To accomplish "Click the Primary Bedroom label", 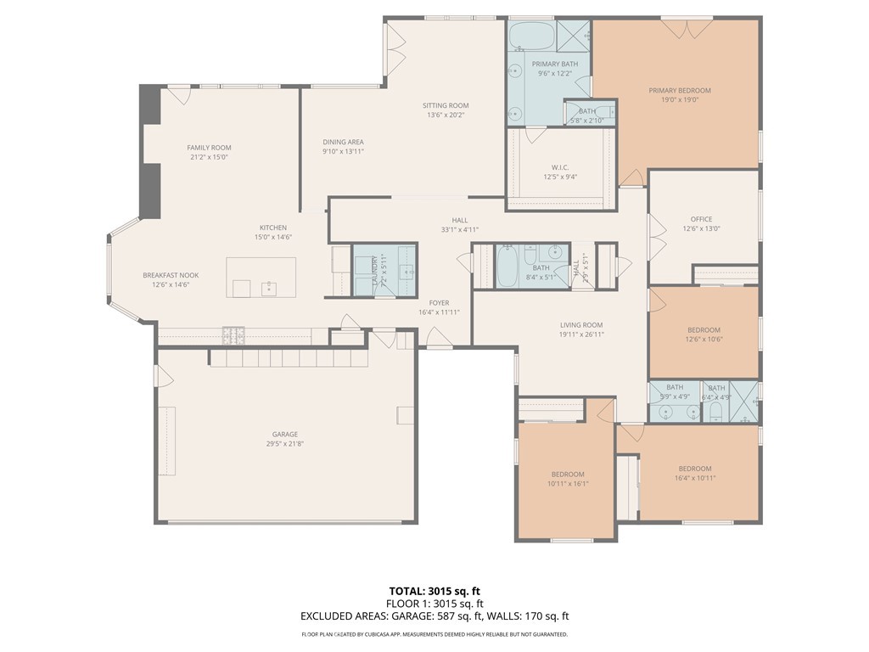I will [x=680, y=91].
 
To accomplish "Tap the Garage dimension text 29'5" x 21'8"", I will [x=284, y=444].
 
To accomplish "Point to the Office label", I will [x=702, y=219].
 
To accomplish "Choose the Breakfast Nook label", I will [x=171, y=276].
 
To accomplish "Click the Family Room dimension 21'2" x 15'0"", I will [x=209, y=157].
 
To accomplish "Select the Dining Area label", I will [x=343, y=142].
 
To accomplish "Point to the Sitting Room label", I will [x=446, y=105].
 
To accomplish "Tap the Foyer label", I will [x=439, y=303].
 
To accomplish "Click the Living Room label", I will [x=581, y=325].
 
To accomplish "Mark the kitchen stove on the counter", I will [x=233, y=335].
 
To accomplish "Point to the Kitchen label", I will [x=273, y=228].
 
